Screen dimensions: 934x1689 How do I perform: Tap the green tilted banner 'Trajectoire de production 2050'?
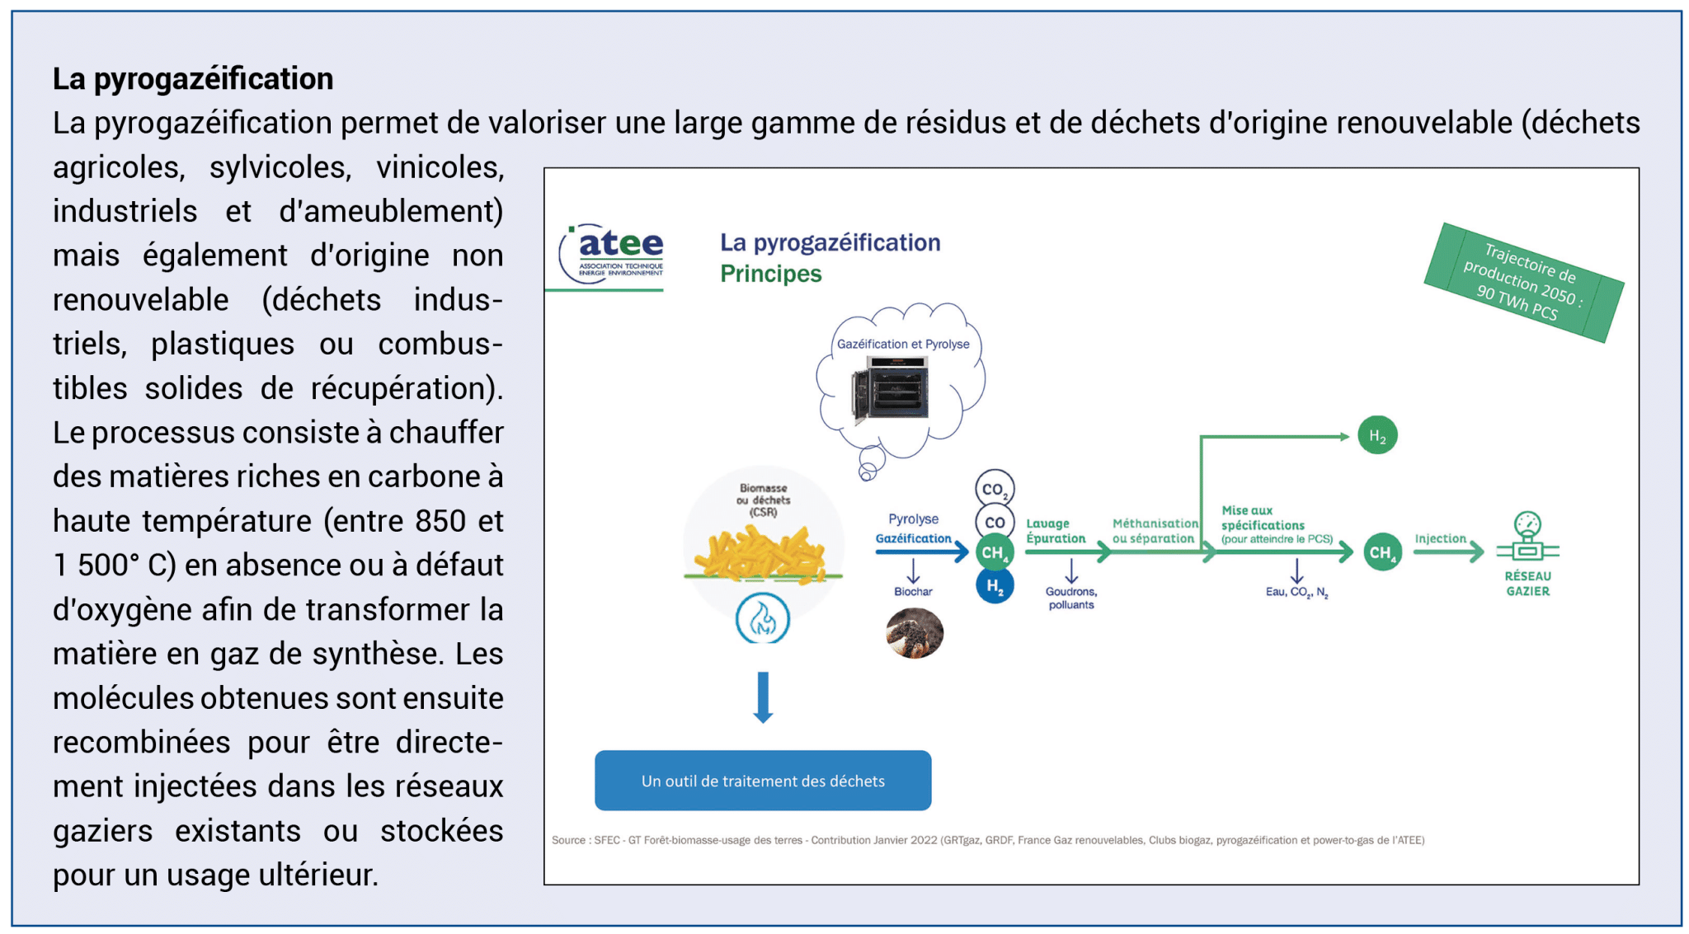pos(1523,282)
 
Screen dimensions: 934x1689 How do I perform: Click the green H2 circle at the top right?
pos(1377,435)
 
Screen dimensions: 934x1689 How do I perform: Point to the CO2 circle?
pos(995,489)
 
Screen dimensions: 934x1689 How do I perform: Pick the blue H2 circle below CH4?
pos(995,586)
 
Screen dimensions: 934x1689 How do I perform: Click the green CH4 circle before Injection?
pos(1382,552)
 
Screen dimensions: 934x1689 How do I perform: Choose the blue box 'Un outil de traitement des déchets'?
pos(763,780)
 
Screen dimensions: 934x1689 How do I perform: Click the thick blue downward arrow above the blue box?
pos(763,697)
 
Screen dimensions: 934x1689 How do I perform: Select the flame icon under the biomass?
pos(763,619)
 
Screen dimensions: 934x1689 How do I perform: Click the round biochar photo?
pos(915,633)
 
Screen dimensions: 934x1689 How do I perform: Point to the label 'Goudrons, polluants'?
pos(1071,598)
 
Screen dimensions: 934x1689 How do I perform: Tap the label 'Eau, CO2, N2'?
pos(1296,592)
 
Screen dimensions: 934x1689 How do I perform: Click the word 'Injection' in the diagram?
pos(1440,538)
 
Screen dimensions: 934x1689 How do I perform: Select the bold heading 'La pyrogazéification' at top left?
pos(193,79)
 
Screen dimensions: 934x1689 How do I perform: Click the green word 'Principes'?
pos(770,274)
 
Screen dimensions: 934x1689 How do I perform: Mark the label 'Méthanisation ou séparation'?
pos(1155,531)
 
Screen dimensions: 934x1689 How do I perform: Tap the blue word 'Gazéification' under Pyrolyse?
pos(913,538)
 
